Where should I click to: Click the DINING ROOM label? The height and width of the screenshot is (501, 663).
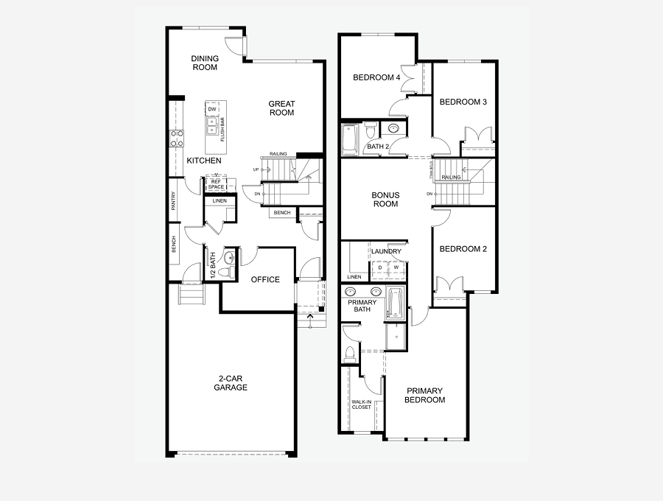click(205, 63)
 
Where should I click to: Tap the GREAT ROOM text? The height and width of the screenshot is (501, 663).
click(281, 108)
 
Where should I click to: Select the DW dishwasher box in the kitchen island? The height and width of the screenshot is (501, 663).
click(212, 109)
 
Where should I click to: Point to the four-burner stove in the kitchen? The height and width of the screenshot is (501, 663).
click(177, 138)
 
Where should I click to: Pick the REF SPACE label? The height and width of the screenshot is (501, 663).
click(216, 184)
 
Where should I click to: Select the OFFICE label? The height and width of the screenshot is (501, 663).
click(265, 279)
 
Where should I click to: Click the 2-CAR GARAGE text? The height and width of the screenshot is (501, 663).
click(231, 383)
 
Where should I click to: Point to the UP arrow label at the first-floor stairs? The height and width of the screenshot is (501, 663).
click(256, 169)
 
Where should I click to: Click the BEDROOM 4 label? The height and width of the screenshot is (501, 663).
click(377, 77)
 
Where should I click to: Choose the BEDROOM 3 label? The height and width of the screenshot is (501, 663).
click(463, 102)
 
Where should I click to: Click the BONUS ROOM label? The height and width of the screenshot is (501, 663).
click(385, 200)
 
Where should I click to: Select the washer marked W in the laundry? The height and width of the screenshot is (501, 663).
click(396, 267)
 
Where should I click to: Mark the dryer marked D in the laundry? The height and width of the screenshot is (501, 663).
click(381, 267)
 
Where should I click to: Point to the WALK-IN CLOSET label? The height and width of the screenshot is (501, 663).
click(361, 404)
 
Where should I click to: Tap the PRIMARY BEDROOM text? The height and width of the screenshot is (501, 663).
click(426, 395)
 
